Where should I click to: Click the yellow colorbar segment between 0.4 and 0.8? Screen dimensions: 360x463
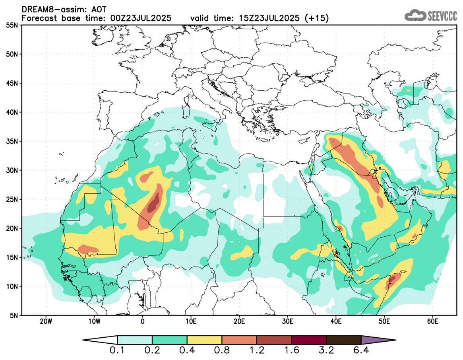204,340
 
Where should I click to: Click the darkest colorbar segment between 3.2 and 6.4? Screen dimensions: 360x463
343,340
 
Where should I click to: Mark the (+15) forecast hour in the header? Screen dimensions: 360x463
317,18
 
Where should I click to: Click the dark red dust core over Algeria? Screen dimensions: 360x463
153,204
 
